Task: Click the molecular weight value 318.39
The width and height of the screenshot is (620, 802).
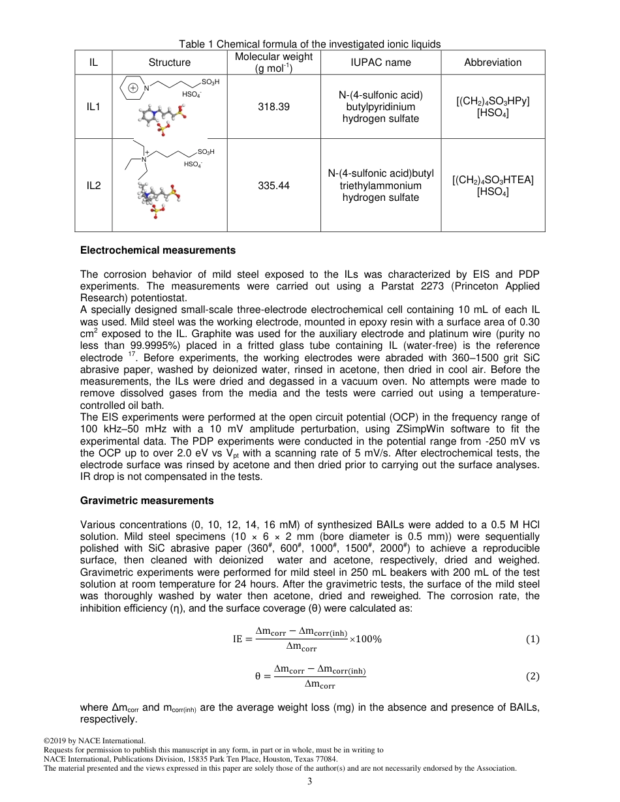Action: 273,106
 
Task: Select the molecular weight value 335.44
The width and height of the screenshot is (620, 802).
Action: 273,186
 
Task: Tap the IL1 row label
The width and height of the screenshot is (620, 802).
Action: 93,106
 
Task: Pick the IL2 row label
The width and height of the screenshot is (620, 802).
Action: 93,186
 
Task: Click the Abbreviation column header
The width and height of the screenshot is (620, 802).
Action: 493,63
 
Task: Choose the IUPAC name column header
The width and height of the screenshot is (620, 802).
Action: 380,63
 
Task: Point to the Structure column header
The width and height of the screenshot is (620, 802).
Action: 170,63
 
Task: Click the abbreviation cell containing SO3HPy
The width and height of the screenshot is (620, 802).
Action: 493,106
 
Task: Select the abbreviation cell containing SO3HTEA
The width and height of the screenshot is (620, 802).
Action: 493,186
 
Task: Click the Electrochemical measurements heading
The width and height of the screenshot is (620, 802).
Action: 157,250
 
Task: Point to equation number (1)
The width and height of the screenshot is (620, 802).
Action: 533,640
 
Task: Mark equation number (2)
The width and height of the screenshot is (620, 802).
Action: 533,677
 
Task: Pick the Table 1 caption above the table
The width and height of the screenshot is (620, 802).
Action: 310,44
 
